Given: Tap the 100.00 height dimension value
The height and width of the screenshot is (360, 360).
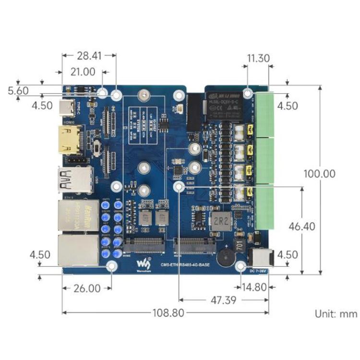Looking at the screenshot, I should point(319,174).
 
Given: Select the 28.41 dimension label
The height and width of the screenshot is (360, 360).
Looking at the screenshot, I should point(89,56).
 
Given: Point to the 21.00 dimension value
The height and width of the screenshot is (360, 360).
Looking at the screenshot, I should point(83,72).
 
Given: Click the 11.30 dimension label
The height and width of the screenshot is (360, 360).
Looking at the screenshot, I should point(258,59).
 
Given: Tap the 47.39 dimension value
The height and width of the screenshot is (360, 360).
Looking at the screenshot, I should point(224,300).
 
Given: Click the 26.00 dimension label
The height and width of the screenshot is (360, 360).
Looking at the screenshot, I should point(87,288).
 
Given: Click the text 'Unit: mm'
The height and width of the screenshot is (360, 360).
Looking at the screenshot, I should point(336,314).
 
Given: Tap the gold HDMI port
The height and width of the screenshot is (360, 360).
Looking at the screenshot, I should point(69,140).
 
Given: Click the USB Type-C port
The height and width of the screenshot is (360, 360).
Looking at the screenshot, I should point(67,109).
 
